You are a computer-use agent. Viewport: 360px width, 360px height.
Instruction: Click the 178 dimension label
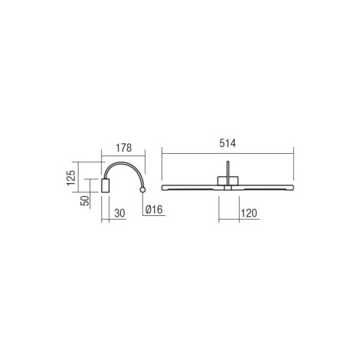click(124, 148)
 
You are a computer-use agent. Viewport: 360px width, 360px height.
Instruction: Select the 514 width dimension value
click(227, 143)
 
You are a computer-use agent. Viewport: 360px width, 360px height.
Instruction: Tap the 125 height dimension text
click(71, 178)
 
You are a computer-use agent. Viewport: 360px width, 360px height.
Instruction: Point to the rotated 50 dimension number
click(85, 201)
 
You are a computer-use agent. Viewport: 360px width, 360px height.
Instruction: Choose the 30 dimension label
click(119, 213)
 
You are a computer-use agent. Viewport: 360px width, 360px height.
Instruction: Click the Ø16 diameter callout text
click(154, 209)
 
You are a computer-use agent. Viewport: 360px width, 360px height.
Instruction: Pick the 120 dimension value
click(249, 213)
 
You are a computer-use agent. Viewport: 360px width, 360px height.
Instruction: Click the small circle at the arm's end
click(142, 190)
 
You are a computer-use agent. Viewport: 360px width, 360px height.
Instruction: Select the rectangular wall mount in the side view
click(105, 185)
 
